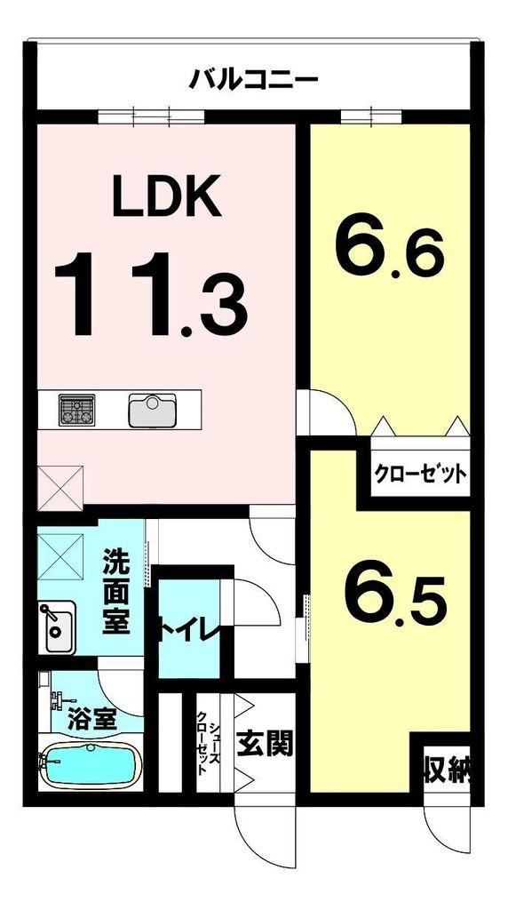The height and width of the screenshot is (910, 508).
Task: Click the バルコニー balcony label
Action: [253, 79]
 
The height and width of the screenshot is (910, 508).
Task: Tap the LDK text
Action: [167, 196]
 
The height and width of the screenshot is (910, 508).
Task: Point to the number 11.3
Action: [151, 294]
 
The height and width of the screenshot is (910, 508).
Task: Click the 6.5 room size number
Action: [395, 598]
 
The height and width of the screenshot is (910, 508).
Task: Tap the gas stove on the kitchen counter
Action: [76, 410]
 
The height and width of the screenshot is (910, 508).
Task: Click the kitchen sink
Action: [152, 410]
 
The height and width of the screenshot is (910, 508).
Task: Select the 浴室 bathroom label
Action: [92, 719]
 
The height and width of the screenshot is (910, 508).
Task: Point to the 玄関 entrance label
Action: [264, 743]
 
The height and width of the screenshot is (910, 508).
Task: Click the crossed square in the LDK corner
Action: [60, 488]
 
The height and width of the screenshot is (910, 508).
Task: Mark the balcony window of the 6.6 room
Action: [371, 116]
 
